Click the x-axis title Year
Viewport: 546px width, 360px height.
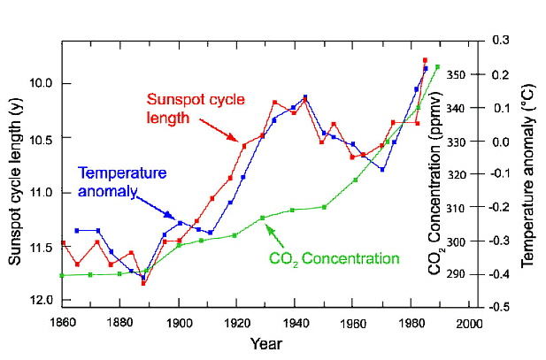[x=265, y=342]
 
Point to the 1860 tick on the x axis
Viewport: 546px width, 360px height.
[x=62, y=322]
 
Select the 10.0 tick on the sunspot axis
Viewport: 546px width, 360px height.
[x=42, y=84]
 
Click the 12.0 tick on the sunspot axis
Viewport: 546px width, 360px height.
[x=42, y=301]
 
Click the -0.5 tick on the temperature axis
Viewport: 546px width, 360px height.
[x=501, y=307]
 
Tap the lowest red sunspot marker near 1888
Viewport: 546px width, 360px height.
[x=143, y=283]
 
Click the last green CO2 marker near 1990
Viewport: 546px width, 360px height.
[x=436, y=66]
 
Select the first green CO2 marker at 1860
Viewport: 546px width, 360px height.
[x=62, y=275]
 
